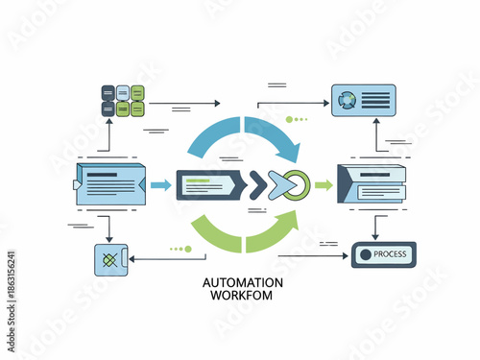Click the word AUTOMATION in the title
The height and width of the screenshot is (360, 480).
(243, 283)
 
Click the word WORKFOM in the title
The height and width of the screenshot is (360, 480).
(243, 296)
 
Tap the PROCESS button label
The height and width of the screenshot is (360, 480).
(390, 254)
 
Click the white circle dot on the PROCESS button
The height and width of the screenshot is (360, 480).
(364, 254)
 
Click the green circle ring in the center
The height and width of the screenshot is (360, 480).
(298, 182)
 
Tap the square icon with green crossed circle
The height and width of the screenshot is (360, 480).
(110, 260)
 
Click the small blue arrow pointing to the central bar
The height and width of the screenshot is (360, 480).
(160, 182)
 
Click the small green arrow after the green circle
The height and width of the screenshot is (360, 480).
(324, 182)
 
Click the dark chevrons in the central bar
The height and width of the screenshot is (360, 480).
(257, 182)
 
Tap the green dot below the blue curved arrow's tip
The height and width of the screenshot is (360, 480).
(289, 120)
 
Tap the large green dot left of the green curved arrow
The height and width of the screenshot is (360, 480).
(188, 249)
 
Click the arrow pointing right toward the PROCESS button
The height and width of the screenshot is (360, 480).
(317, 256)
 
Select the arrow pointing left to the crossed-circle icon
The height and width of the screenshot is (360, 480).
(154, 257)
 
